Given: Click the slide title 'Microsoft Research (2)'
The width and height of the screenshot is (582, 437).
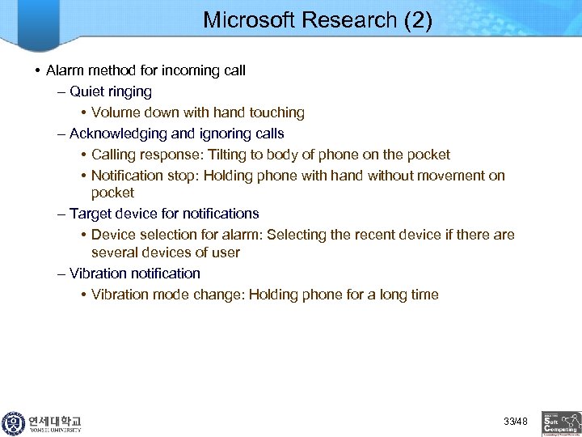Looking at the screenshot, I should coord(317,20).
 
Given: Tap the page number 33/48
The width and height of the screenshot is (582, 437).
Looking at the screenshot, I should coord(515,422).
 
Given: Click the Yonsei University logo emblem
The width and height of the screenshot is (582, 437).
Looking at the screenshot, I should coord(14,423).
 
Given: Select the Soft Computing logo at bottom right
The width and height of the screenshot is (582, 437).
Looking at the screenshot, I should coord(561,423).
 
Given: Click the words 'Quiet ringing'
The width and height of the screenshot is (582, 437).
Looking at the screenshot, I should coord(111,91).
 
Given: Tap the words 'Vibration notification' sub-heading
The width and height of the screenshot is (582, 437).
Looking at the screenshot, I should coord(134,274).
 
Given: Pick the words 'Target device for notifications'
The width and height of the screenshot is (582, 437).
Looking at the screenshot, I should coord(164,214).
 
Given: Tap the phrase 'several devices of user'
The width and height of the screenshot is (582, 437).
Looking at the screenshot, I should coord(165,252).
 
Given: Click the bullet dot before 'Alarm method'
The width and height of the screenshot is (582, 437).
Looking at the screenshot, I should coord(38,71).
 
